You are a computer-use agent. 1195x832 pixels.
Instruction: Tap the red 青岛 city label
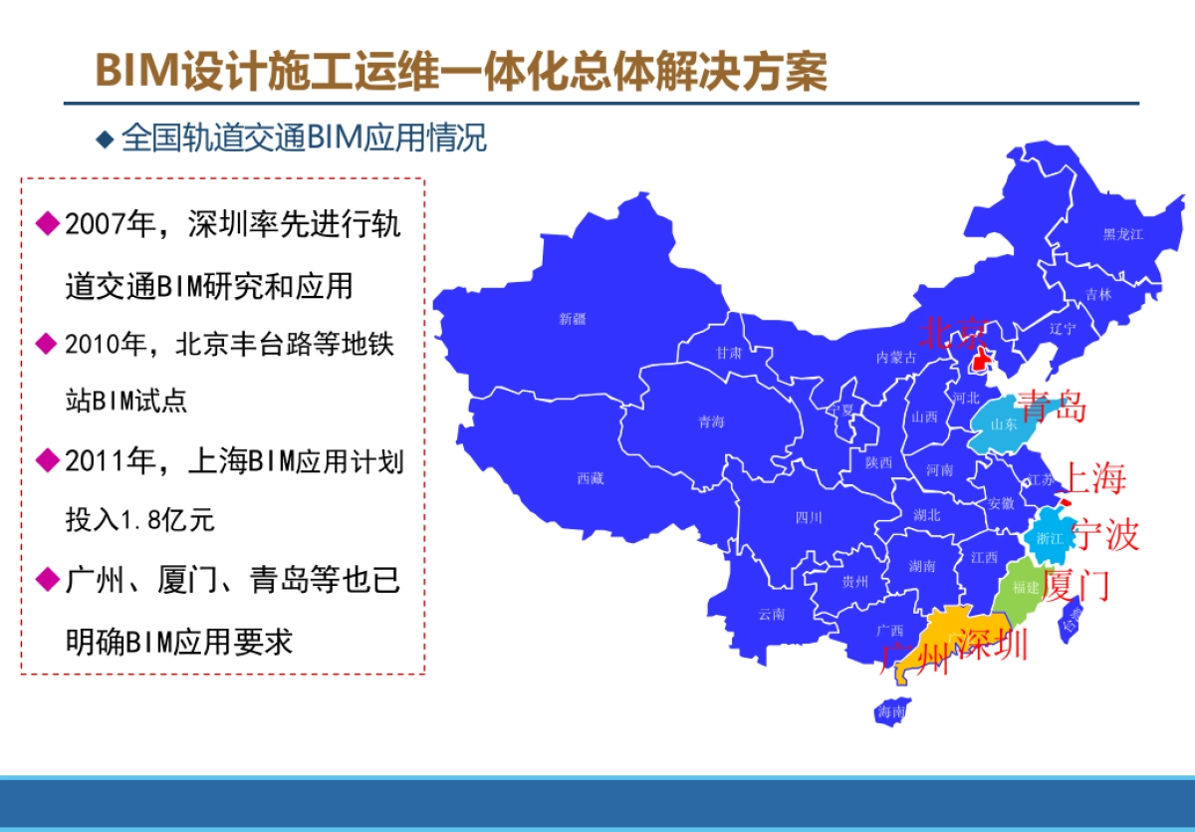point(1052,407)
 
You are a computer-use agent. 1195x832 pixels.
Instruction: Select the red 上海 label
point(1095,479)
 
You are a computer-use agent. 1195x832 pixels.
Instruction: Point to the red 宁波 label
point(1105,536)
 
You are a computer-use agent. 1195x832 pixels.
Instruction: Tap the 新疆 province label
point(573,319)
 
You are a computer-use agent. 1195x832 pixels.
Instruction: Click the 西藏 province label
point(591,478)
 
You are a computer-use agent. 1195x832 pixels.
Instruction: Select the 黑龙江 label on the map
point(1122,234)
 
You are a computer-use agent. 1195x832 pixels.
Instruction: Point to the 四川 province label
point(809,517)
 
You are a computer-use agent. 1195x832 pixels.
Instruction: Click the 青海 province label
point(711,422)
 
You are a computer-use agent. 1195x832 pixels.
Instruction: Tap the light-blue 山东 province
point(1001,423)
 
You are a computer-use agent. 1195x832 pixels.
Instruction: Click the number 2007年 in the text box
point(112,225)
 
